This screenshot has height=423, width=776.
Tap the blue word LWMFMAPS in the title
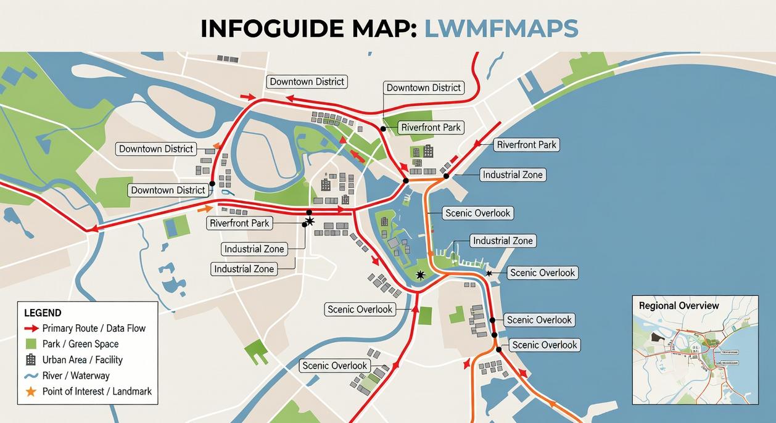point(501,28)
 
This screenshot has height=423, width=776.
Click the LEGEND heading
point(43,313)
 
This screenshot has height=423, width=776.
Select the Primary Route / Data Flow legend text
point(94,328)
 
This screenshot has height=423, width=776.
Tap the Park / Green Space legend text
point(80,344)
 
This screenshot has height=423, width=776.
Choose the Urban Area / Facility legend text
point(82,359)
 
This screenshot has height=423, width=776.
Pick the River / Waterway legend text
point(76,376)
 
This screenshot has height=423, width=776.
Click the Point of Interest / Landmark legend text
point(97,391)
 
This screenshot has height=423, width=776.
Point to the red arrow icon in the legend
point(31,328)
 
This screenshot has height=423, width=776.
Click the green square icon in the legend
point(31,344)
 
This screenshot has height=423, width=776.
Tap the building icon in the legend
point(31,359)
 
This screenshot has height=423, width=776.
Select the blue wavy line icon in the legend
point(31,376)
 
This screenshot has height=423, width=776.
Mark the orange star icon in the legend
point(31,392)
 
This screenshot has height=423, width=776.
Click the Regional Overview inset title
point(679,306)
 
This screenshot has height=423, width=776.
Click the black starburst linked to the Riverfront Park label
point(310,221)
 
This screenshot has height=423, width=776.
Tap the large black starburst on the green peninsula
point(421,275)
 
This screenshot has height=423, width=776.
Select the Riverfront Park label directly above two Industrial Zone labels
point(240,223)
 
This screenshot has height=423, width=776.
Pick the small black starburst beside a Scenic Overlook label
point(489,273)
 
